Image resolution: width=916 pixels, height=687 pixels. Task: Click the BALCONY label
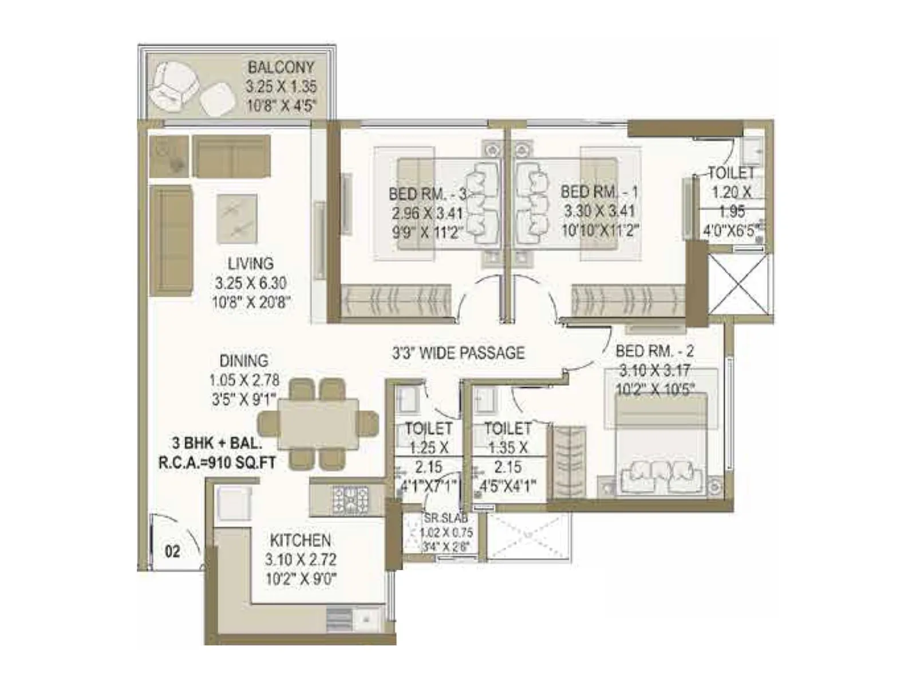281,67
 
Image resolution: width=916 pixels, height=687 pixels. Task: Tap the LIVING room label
250,263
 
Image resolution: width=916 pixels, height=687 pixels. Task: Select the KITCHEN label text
300,540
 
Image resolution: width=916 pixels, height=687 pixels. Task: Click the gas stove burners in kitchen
350,499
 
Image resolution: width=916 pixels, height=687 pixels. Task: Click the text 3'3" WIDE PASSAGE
458,353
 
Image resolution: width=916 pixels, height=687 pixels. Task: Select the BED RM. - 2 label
654,350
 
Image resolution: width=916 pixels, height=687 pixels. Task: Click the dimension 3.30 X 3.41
599,211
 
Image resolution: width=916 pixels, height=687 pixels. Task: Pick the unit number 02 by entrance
172,551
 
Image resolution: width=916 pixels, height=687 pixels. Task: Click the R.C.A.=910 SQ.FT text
217,462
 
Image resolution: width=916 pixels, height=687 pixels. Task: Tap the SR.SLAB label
445,519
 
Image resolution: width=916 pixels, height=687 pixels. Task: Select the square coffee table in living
236,219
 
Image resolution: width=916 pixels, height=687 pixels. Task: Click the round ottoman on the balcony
218,102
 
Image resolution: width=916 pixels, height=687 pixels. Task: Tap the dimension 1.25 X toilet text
428,447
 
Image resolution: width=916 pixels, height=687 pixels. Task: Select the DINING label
244,361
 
